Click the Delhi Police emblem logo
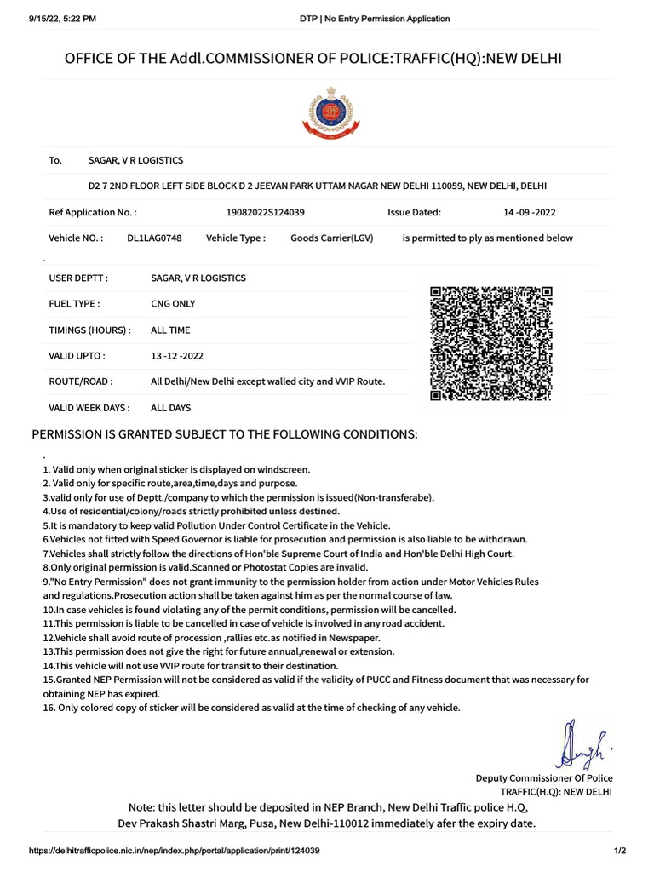pos(326,112)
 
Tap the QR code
pos(490,343)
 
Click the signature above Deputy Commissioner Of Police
pos(582,744)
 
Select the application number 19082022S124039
pos(266,212)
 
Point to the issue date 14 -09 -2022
pos(530,212)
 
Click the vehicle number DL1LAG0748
pos(154,238)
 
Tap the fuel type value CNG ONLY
pos(173,304)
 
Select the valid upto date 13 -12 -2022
pos(177,356)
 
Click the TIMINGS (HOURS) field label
pos(90,330)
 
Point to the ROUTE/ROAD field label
pos(81,381)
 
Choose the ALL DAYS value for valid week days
pos(171,408)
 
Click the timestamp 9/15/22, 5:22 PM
pos(51,18)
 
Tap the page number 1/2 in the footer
pos(620,851)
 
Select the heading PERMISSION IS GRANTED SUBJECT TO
pos(225,434)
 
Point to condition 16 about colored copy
pos(251,708)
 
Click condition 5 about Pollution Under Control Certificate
pos(216,525)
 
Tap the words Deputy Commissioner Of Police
pos(543,777)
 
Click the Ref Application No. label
pos(93,212)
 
